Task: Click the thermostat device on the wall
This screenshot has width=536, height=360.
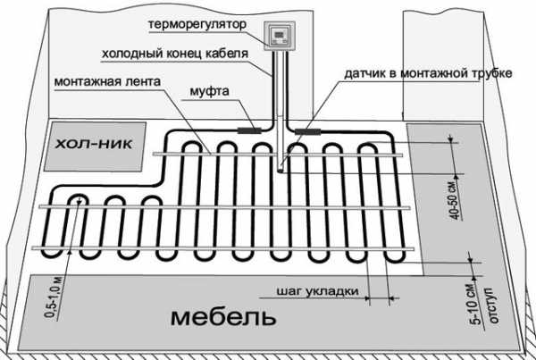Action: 280,36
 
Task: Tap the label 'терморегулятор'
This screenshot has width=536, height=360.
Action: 197,25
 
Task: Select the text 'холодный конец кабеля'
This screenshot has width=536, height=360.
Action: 175,54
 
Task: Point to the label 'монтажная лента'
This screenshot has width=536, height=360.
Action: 107,82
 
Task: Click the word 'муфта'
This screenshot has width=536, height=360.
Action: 209,91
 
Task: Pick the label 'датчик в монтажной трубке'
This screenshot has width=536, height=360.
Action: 428,73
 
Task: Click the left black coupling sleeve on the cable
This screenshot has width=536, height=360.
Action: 249,130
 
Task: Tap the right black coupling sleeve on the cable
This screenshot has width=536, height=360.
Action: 307,131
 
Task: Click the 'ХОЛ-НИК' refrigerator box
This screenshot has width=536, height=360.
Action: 95,147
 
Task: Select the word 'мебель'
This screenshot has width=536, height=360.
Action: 223,317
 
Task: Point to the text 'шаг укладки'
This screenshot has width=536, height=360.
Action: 318,291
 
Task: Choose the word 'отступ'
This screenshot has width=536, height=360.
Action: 493,305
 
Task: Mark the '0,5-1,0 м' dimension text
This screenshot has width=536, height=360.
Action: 54,297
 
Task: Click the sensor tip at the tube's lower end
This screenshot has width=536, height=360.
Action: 281,169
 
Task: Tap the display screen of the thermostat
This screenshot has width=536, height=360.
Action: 280,34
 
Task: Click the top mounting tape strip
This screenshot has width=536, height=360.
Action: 278,155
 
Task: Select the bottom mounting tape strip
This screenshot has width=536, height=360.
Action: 222,248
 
